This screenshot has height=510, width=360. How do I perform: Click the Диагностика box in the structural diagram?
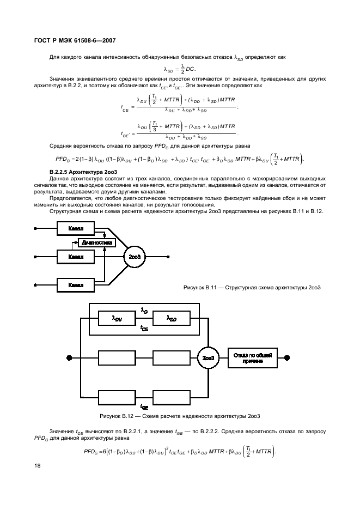(x=97, y=242)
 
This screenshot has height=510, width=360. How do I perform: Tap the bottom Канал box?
(x=76, y=284)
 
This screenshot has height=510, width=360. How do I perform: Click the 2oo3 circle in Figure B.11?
(x=135, y=256)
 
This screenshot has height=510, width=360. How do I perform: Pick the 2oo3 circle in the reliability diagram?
(x=208, y=357)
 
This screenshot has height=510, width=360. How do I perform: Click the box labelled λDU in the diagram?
(x=117, y=319)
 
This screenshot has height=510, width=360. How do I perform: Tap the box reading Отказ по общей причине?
(x=249, y=357)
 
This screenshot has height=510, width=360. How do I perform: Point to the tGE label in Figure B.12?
(x=144, y=406)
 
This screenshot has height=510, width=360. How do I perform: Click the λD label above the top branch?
(x=144, y=309)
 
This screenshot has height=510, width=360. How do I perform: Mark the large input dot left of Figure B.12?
(x=70, y=357)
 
